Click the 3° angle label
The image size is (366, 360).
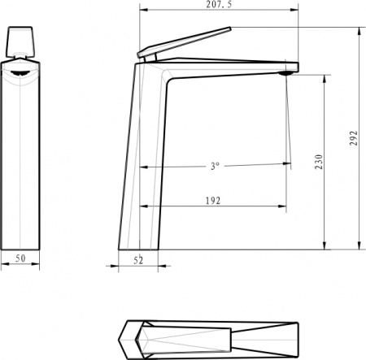point(215,166)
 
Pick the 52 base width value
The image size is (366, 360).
point(137,260)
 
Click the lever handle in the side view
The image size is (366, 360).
point(184,43)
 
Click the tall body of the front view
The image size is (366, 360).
point(20,163)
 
